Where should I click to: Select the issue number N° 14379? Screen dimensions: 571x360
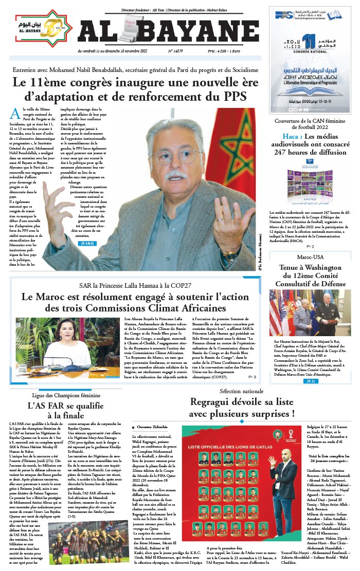tap(176, 51)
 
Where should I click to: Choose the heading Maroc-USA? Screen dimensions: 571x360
tap(309, 257)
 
